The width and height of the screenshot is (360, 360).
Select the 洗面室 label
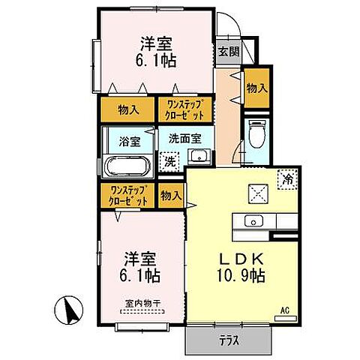click(184, 138)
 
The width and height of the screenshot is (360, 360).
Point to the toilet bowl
click(256, 133)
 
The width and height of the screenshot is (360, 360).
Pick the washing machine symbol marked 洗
click(169, 162)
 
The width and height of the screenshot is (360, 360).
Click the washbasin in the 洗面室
click(198, 157)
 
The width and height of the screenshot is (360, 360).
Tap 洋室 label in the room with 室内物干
click(137, 257)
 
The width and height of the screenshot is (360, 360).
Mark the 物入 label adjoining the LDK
click(172, 196)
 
